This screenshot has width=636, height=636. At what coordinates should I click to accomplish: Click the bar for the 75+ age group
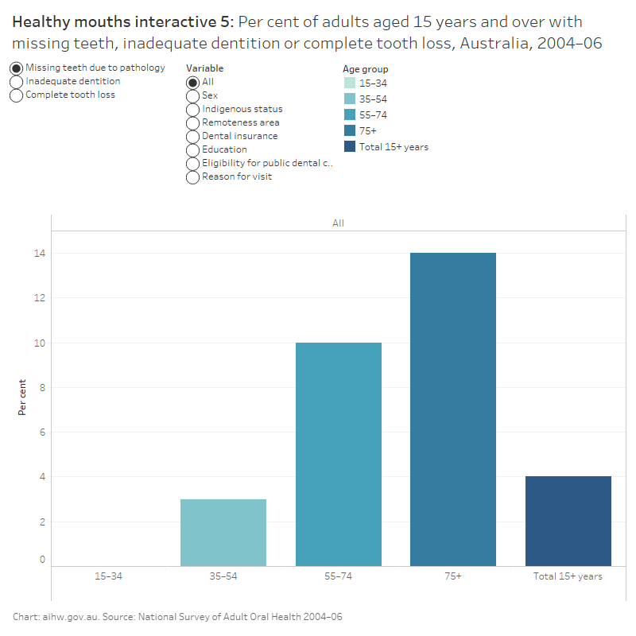click(453, 409)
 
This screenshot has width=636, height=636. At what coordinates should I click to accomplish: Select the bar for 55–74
click(339, 454)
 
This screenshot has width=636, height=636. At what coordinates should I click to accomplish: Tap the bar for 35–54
click(223, 533)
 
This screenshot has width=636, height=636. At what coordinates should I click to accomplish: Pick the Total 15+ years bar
click(568, 522)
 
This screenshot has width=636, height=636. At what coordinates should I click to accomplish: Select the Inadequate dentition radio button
click(16, 81)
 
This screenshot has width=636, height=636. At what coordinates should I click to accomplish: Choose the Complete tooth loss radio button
click(16, 95)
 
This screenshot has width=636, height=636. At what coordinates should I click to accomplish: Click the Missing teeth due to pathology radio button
click(16, 68)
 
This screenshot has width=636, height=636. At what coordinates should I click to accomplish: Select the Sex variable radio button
click(192, 96)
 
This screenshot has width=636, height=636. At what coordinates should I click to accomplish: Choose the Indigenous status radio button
click(192, 110)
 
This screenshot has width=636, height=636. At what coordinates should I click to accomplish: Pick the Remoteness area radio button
click(192, 123)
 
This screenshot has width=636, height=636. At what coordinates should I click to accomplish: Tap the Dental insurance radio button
click(192, 137)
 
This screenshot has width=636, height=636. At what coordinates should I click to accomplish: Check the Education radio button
click(192, 150)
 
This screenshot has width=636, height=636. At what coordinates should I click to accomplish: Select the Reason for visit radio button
click(192, 177)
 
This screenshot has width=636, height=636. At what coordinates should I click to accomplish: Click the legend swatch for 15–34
click(350, 83)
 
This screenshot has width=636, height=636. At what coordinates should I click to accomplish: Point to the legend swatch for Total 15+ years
click(350, 146)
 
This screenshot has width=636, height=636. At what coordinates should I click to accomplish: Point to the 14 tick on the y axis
click(40, 254)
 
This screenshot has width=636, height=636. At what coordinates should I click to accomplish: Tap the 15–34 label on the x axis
click(109, 576)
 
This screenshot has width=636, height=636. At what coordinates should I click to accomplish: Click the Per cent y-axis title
click(21, 397)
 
